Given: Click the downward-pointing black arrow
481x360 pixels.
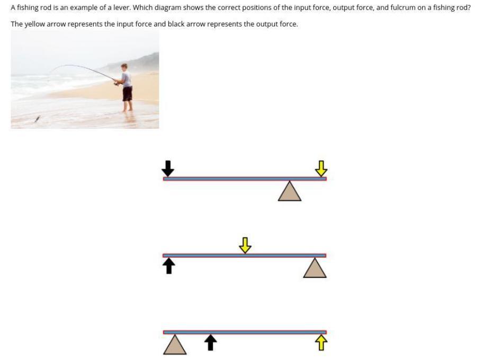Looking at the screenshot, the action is [168, 169].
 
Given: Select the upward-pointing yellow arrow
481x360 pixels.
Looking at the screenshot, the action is [321, 343].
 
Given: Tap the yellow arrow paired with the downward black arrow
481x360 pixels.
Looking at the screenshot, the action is [321, 169].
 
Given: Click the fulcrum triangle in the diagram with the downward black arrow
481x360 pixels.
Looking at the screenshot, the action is [290, 191].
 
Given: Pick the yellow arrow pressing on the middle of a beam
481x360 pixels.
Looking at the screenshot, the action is [245, 245].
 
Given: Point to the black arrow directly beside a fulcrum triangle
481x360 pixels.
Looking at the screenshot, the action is [210, 343].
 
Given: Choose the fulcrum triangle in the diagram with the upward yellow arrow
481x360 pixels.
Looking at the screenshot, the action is [175, 344].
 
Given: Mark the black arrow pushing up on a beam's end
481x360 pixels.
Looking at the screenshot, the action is [168, 266].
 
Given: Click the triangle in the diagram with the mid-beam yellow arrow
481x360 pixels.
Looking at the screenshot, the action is [315, 268].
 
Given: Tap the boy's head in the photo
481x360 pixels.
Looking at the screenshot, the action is [124, 67].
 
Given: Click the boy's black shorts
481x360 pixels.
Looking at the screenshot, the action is [128, 94].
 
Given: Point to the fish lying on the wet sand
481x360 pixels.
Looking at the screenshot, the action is [38, 119].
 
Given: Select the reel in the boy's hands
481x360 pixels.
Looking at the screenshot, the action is [117, 83].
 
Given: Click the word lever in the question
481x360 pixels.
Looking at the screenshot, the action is [122, 7].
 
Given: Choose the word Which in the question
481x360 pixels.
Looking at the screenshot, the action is [142, 7].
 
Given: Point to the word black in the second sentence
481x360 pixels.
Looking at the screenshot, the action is [176, 24].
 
